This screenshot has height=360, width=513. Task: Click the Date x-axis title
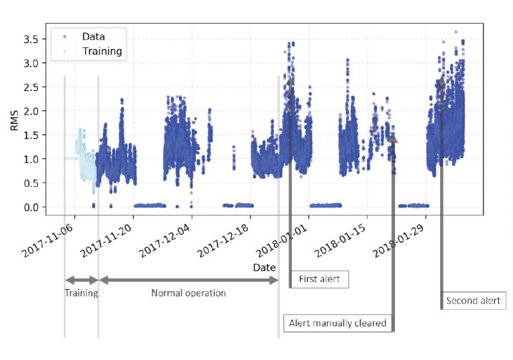(265, 267)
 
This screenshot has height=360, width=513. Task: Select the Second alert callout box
(472, 301)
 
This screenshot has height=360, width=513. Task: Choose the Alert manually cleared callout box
(338, 323)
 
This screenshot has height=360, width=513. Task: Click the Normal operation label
(188, 293)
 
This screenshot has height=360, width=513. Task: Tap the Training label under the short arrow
(81, 293)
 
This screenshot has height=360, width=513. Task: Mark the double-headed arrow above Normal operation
(188, 280)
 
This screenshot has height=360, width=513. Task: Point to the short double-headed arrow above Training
(82, 280)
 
